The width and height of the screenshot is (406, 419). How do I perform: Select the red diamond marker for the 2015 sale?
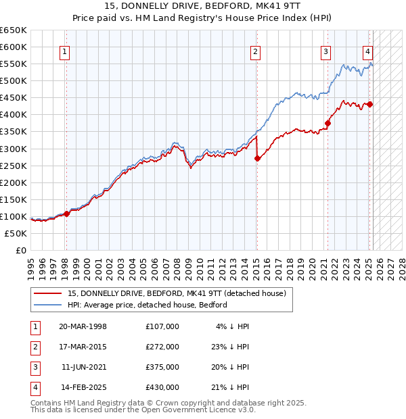[x=257, y=158]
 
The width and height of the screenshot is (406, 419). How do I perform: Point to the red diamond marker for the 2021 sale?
[x=328, y=123]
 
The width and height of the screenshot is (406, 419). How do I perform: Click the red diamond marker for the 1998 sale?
[x=66, y=214]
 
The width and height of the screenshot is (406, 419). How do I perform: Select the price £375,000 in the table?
[x=162, y=367]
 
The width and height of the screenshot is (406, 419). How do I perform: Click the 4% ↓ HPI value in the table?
[x=233, y=326]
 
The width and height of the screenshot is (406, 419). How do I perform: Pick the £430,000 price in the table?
[x=162, y=387]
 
